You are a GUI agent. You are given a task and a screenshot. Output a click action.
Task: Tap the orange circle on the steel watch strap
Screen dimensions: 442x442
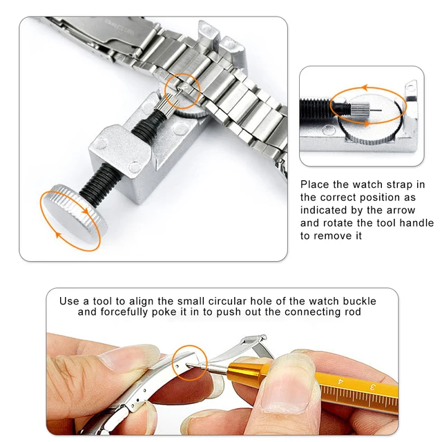point(182,90)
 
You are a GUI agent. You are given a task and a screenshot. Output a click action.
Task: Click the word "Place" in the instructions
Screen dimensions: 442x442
point(316,185)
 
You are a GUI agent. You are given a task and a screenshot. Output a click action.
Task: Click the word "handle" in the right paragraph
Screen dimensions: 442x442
point(416,223)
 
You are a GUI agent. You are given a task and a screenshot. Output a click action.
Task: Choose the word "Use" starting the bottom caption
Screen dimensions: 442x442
point(70,301)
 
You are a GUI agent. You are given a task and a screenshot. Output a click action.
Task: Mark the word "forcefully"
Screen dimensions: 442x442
point(127,312)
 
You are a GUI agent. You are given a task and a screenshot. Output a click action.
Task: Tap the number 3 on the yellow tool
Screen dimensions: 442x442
point(372,387)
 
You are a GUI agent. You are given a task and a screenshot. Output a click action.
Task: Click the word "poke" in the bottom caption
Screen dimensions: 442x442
point(173,312)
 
